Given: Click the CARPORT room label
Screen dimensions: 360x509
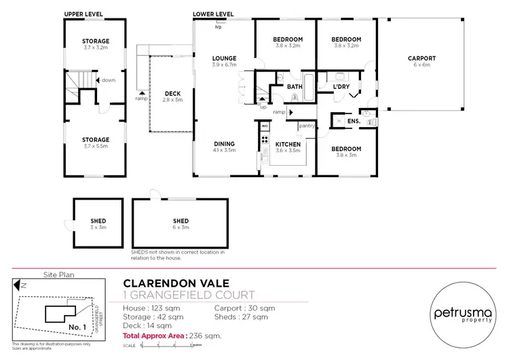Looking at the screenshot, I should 422,58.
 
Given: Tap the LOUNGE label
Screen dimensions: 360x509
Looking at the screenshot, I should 223,58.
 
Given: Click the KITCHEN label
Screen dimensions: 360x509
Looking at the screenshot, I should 289,144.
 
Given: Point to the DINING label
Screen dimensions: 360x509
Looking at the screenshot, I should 224,144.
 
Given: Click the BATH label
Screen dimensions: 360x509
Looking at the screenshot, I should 295,87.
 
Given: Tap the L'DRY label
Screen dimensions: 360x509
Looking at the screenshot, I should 341,87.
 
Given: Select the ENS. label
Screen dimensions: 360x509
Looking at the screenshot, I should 352,122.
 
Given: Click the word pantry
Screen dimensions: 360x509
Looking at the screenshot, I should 305,126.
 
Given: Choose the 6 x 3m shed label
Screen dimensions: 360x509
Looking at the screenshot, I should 181,225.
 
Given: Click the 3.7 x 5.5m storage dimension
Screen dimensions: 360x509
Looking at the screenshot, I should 96,146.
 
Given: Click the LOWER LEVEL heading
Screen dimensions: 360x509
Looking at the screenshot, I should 213,14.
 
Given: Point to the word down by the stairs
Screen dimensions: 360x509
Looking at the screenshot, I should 109,80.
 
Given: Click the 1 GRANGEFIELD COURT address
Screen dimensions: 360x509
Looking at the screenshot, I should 189,295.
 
